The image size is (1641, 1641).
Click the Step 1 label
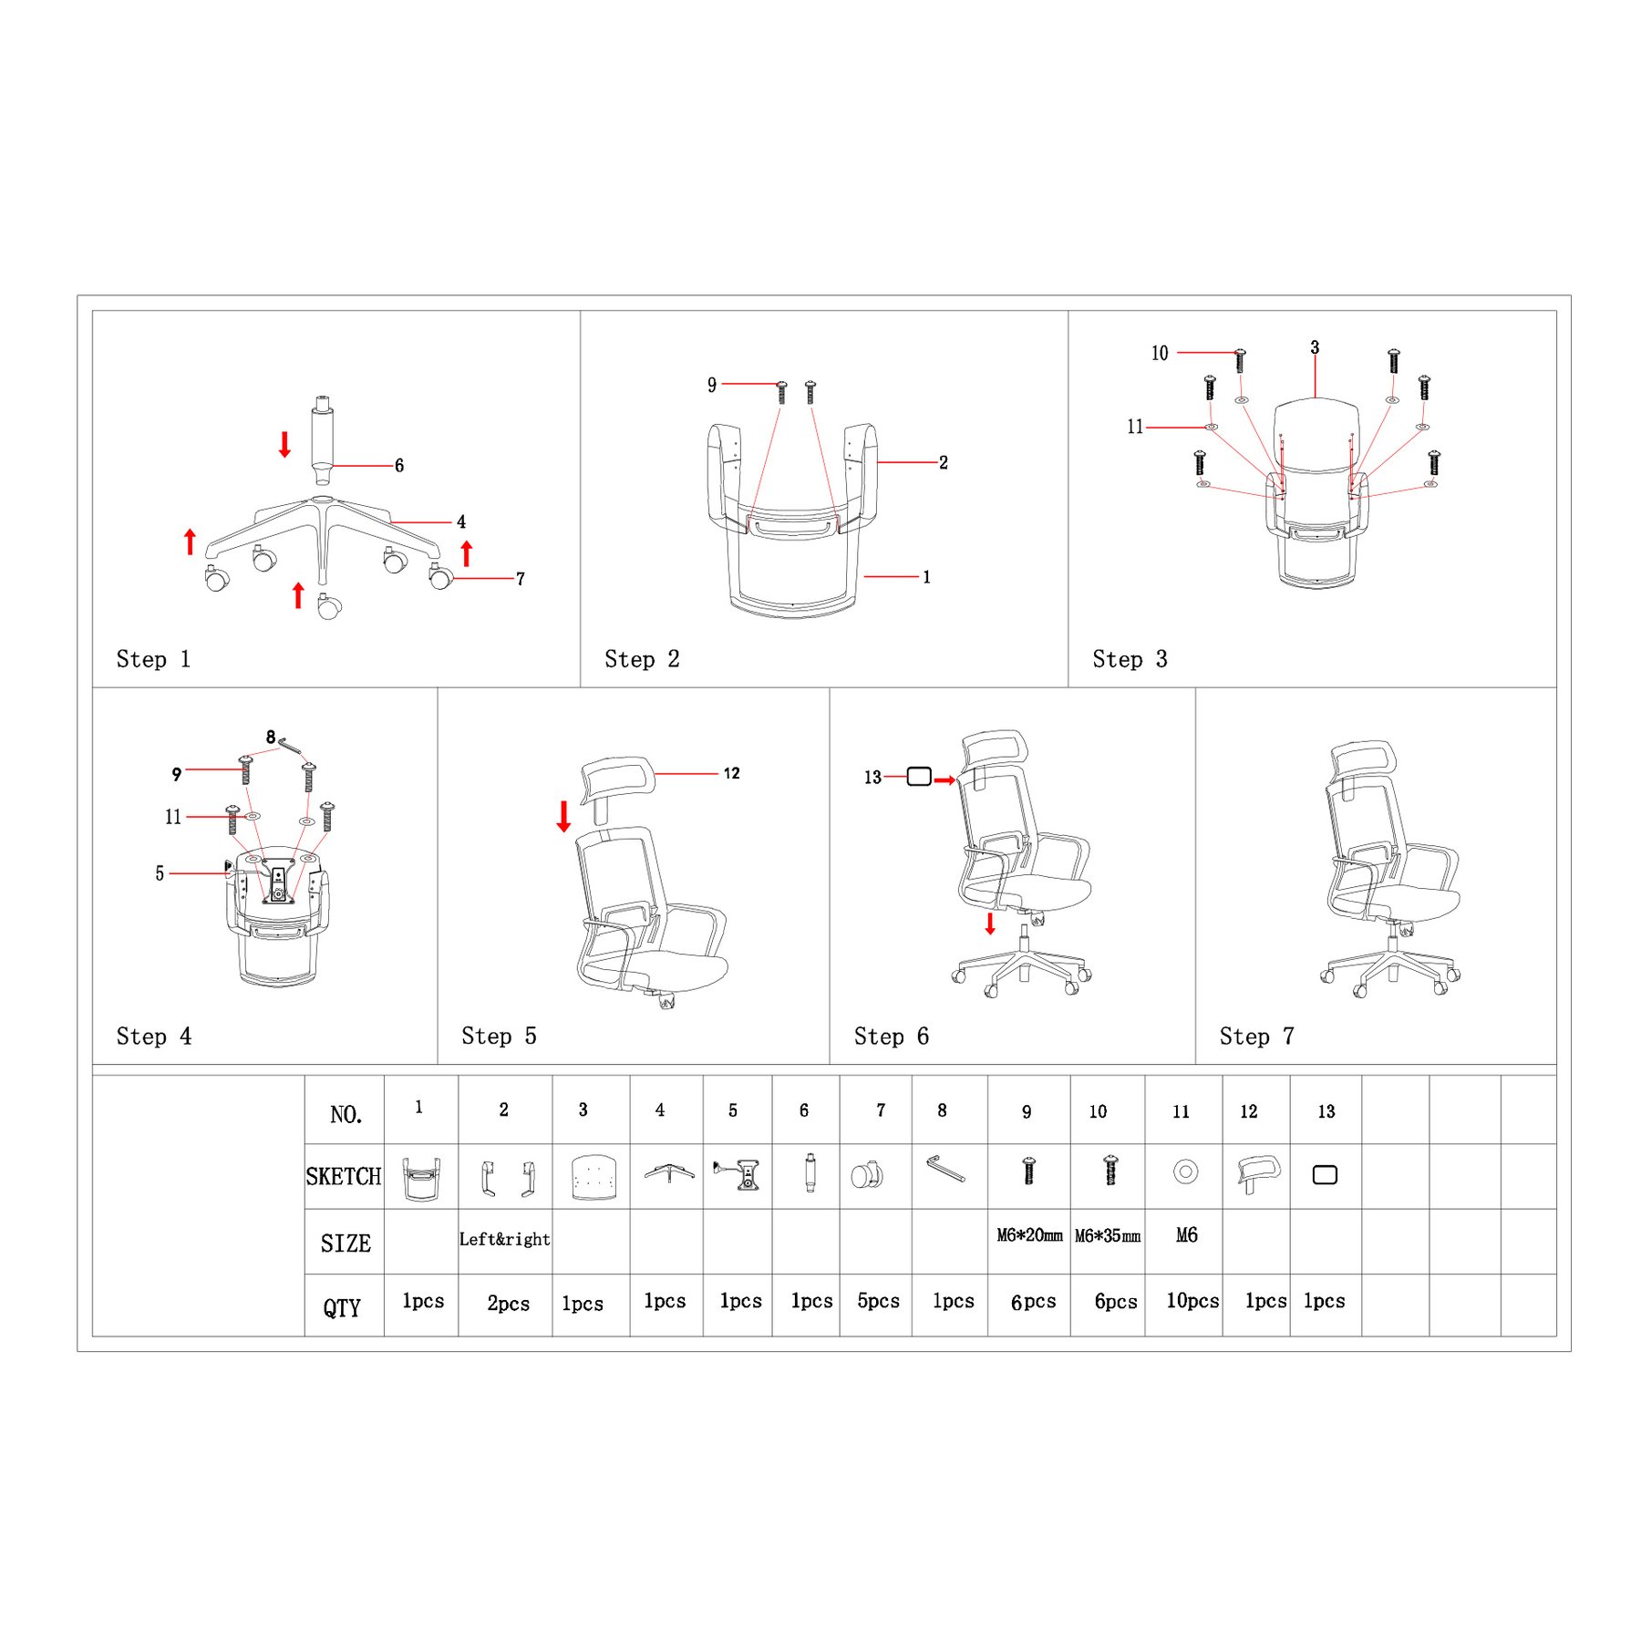pos(153,659)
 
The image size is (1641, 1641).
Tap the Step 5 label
pos(499,1036)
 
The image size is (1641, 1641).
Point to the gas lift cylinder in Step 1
pos(322,440)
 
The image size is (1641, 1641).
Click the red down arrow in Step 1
pos(284,444)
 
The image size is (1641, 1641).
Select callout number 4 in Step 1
pos(461,521)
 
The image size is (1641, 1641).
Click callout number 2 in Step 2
pos(944,462)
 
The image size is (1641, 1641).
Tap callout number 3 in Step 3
pos(1315,347)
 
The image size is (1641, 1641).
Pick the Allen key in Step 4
pos(291,746)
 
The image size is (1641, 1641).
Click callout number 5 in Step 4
pos(160,873)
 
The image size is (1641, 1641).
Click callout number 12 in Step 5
pos(731,773)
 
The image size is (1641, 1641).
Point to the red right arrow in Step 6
pos(944,779)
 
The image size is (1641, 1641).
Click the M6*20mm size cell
pos(1029,1235)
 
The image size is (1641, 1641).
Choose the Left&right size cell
pos(504,1239)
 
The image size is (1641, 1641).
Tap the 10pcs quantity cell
pos(1192,1301)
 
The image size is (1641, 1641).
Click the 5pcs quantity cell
pos(878,1301)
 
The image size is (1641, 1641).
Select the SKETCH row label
pos(344,1176)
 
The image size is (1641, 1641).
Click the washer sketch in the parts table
pos(1185,1171)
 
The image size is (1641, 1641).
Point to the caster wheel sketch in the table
pos(867,1174)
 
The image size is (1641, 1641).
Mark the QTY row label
pos(342,1308)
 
